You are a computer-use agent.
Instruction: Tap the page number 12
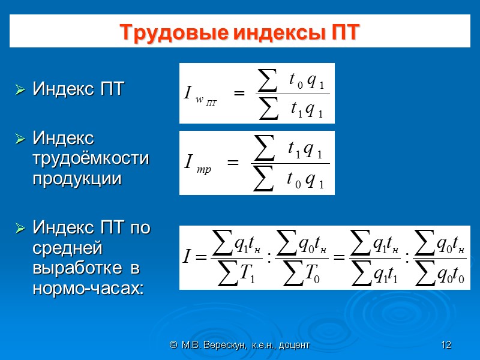tap(446, 345)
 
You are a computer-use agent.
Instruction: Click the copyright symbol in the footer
tap(173, 345)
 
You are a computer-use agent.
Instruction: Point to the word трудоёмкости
tap(91, 159)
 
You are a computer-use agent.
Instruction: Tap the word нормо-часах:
tap(88, 289)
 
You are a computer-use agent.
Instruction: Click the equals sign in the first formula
tap(239, 94)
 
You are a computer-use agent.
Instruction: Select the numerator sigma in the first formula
tap(267, 80)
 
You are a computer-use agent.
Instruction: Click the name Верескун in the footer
tap(224, 345)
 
